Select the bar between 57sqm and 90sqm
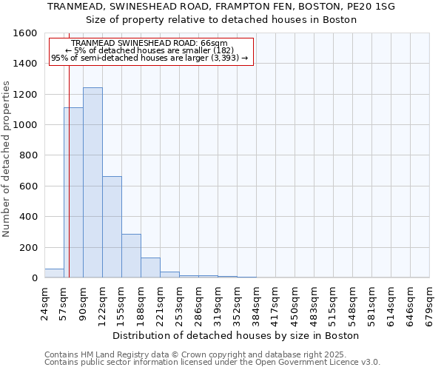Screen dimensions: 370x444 73,192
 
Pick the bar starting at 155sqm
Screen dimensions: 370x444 131,256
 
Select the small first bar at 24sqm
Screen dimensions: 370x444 54,273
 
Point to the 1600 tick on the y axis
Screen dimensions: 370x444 27,33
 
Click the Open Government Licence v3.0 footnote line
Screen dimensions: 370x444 212,362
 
